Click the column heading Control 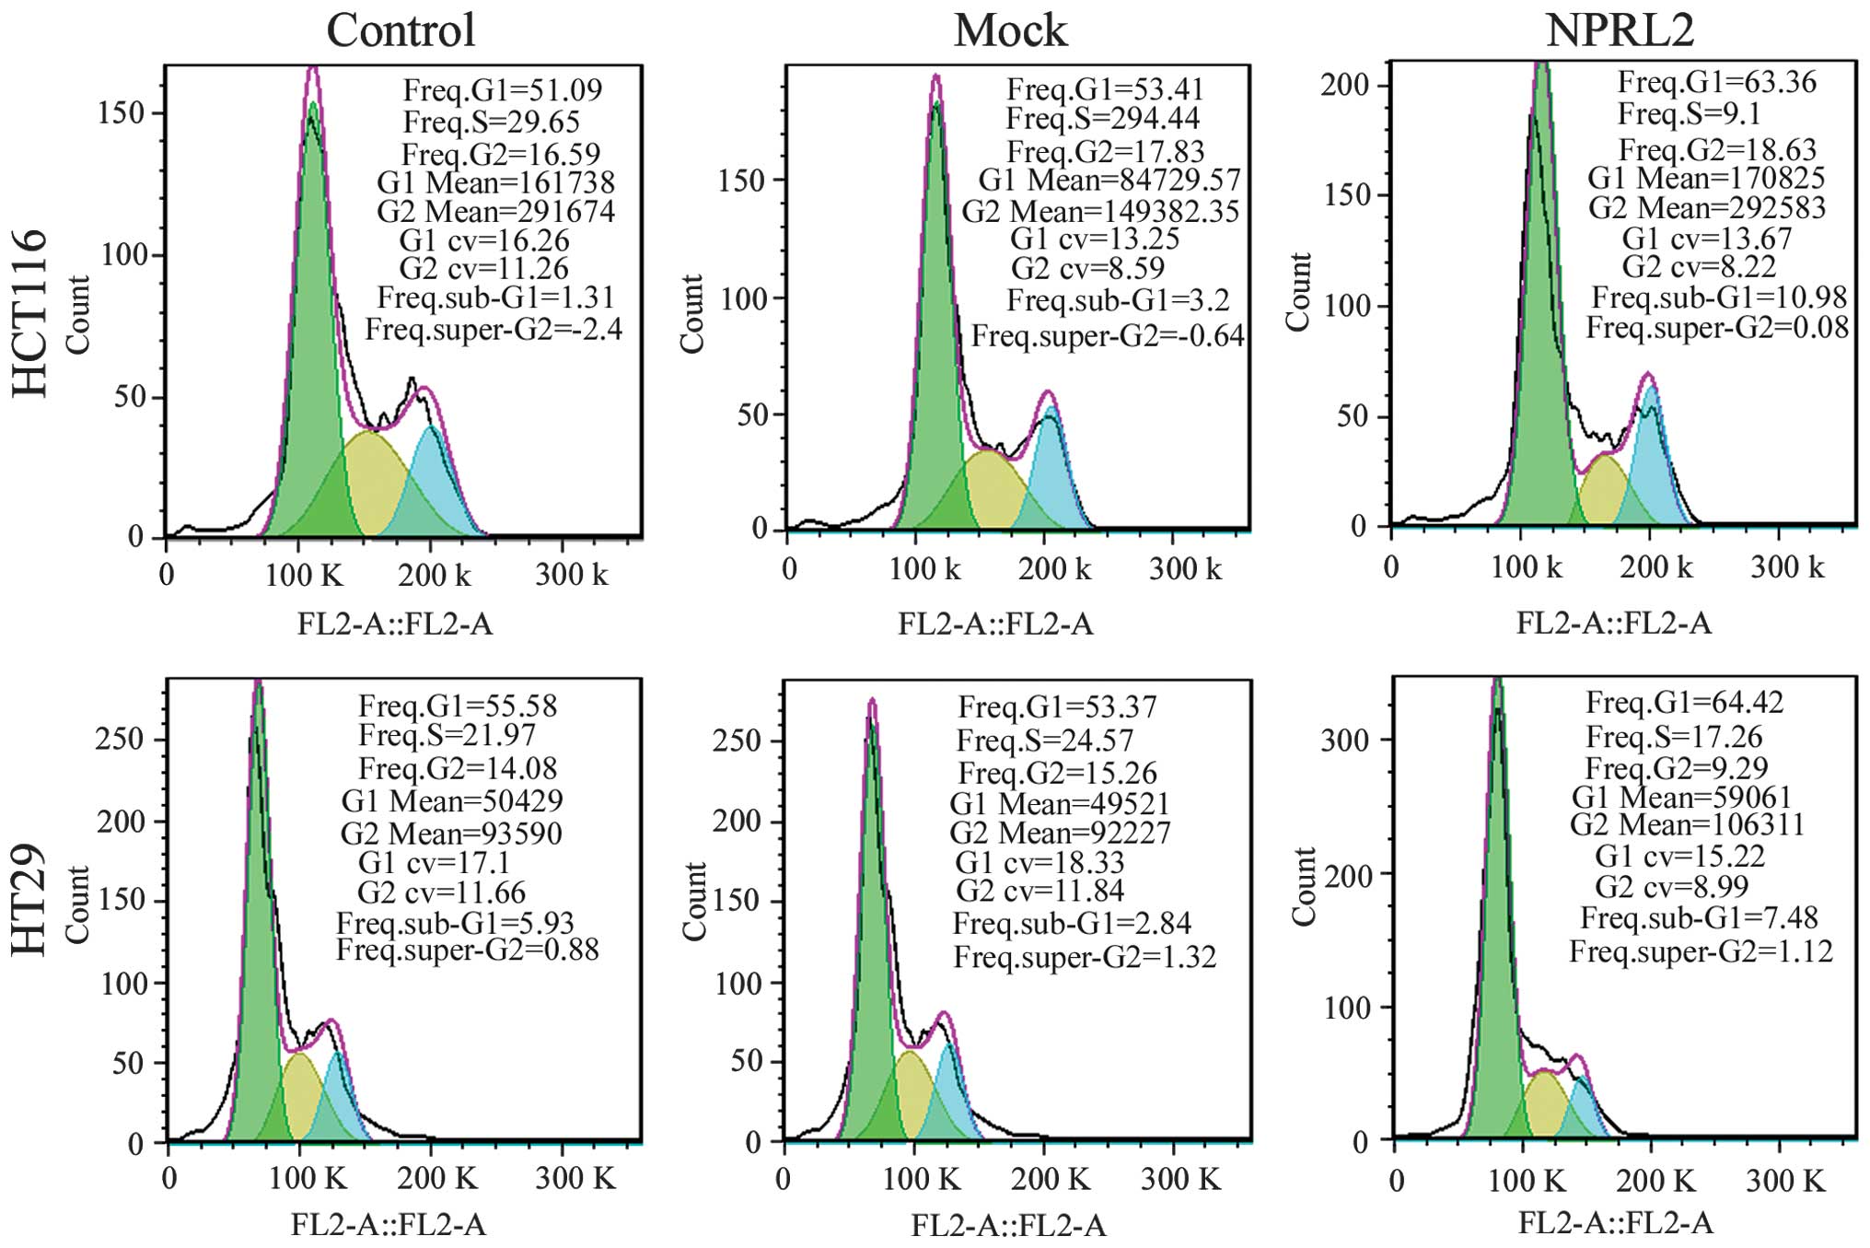tap(401, 30)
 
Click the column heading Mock tap(1010, 30)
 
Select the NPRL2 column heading tap(1620, 30)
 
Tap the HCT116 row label tap(30, 313)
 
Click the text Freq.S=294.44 tap(1102, 119)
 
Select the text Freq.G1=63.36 tap(1716, 83)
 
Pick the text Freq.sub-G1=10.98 tap(1719, 297)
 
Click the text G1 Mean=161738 tap(495, 182)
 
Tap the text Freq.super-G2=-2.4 tap(494, 329)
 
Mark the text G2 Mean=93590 tap(451, 834)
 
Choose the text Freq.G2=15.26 tap(1057, 773)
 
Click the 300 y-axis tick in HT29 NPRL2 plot tap(1345, 741)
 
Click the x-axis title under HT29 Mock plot tap(1008, 1225)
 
